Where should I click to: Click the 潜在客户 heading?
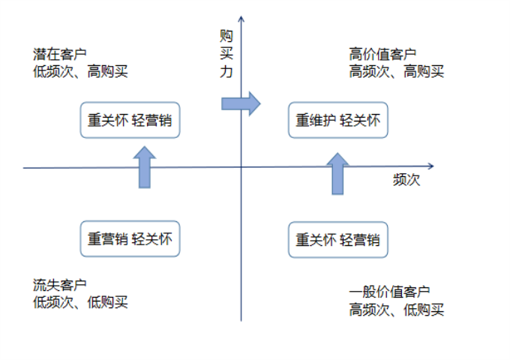(60, 55)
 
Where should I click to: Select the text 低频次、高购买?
(82, 72)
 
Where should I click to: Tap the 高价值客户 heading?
(382, 55)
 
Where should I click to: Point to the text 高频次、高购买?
(397, 72)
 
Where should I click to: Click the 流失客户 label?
(60, 285)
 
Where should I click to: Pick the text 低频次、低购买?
(81, 302)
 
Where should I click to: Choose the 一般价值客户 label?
(389, 292)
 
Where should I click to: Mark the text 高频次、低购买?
(397, 309)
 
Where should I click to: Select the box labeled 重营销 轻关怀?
(130, 239)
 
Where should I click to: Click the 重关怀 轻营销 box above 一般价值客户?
(337, 240)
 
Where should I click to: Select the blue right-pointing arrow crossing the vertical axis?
(241, 103)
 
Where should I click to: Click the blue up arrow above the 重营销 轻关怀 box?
(144, 167)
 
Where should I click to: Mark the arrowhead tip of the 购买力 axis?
(241, 16)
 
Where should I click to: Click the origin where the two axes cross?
(241, 167)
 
